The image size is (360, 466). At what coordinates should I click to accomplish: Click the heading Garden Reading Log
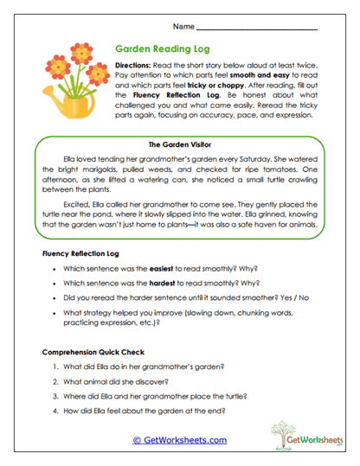161,50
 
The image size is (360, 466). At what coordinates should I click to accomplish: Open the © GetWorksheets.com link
179,440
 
